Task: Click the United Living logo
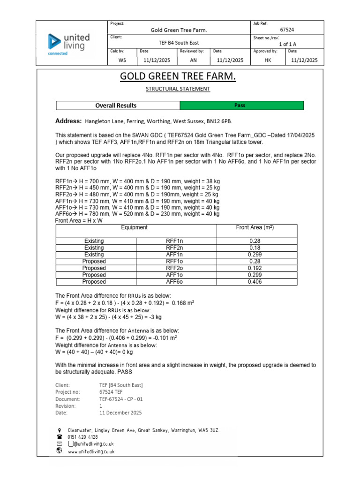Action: tap(69, 44)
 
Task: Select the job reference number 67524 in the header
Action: tap(287, 30)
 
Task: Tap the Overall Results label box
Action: tap(116, 105)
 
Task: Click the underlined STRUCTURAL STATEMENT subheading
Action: tap(178, 89)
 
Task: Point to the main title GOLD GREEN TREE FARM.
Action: tap(178, 76)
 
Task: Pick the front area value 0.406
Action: tap(255, 282)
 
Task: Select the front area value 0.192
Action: tap(255, 268)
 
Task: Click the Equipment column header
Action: tap(135, 227)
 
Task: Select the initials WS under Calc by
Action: tap(122, 60)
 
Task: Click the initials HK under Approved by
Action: tap(268, 60)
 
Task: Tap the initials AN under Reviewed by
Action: tap(194, 60)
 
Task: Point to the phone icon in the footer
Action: tap(59, 436)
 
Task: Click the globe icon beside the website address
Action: tap(59, 451)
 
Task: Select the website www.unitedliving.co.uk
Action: tap(91, 451)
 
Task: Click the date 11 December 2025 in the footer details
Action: tap(120, 413)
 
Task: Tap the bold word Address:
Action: tap(68, 121)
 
